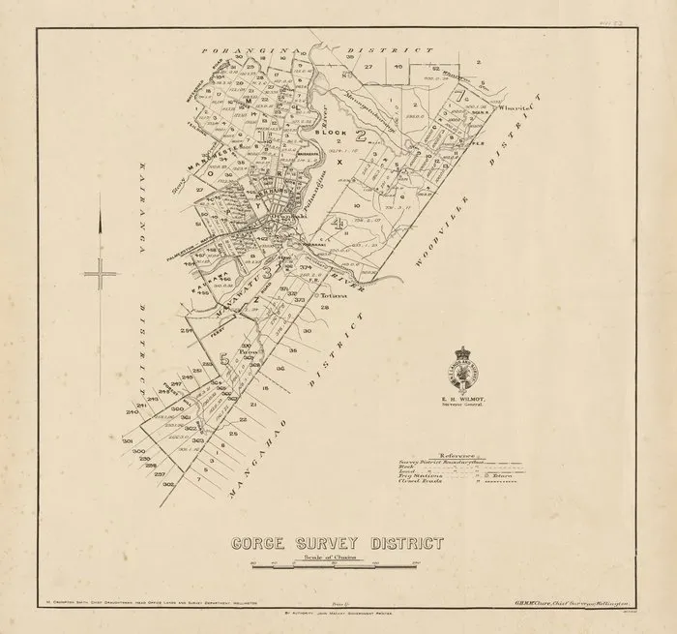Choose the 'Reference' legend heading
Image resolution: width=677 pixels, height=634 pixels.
456,454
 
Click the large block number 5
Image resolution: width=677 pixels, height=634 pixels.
223,359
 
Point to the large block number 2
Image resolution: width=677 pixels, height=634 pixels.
360,135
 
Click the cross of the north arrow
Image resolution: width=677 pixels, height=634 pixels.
100,274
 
